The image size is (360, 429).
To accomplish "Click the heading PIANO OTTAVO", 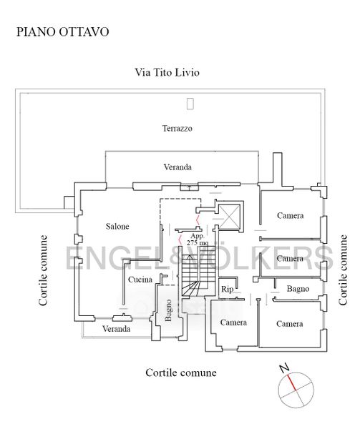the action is coord(63,31).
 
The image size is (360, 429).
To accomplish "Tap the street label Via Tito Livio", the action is coord(167,72).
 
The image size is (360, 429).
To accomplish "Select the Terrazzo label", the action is coord(177,128).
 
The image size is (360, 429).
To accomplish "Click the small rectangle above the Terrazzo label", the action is coord(190,104).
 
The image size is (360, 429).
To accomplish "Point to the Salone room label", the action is coord(117,226).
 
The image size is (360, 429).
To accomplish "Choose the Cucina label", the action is coord(140,280).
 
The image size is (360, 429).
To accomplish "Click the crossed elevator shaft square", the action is coord(230,216).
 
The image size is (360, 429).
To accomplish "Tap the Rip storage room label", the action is coord(227,289).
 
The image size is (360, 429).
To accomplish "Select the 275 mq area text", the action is coord(197,242).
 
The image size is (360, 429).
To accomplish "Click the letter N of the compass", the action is coord(285,368).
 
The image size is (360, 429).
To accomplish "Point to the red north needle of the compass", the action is coord(291,383).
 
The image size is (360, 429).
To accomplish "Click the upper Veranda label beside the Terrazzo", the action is coord(177,167).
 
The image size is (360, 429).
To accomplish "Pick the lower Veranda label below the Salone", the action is coord(117,329).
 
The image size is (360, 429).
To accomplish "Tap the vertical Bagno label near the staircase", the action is coord(168,310).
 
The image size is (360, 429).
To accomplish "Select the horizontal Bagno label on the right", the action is coord(298,289).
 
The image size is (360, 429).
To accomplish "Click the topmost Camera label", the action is coord(290,216).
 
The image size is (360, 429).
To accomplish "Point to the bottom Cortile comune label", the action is coord(181,373).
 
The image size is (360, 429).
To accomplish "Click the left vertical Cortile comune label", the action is coord(43,270).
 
